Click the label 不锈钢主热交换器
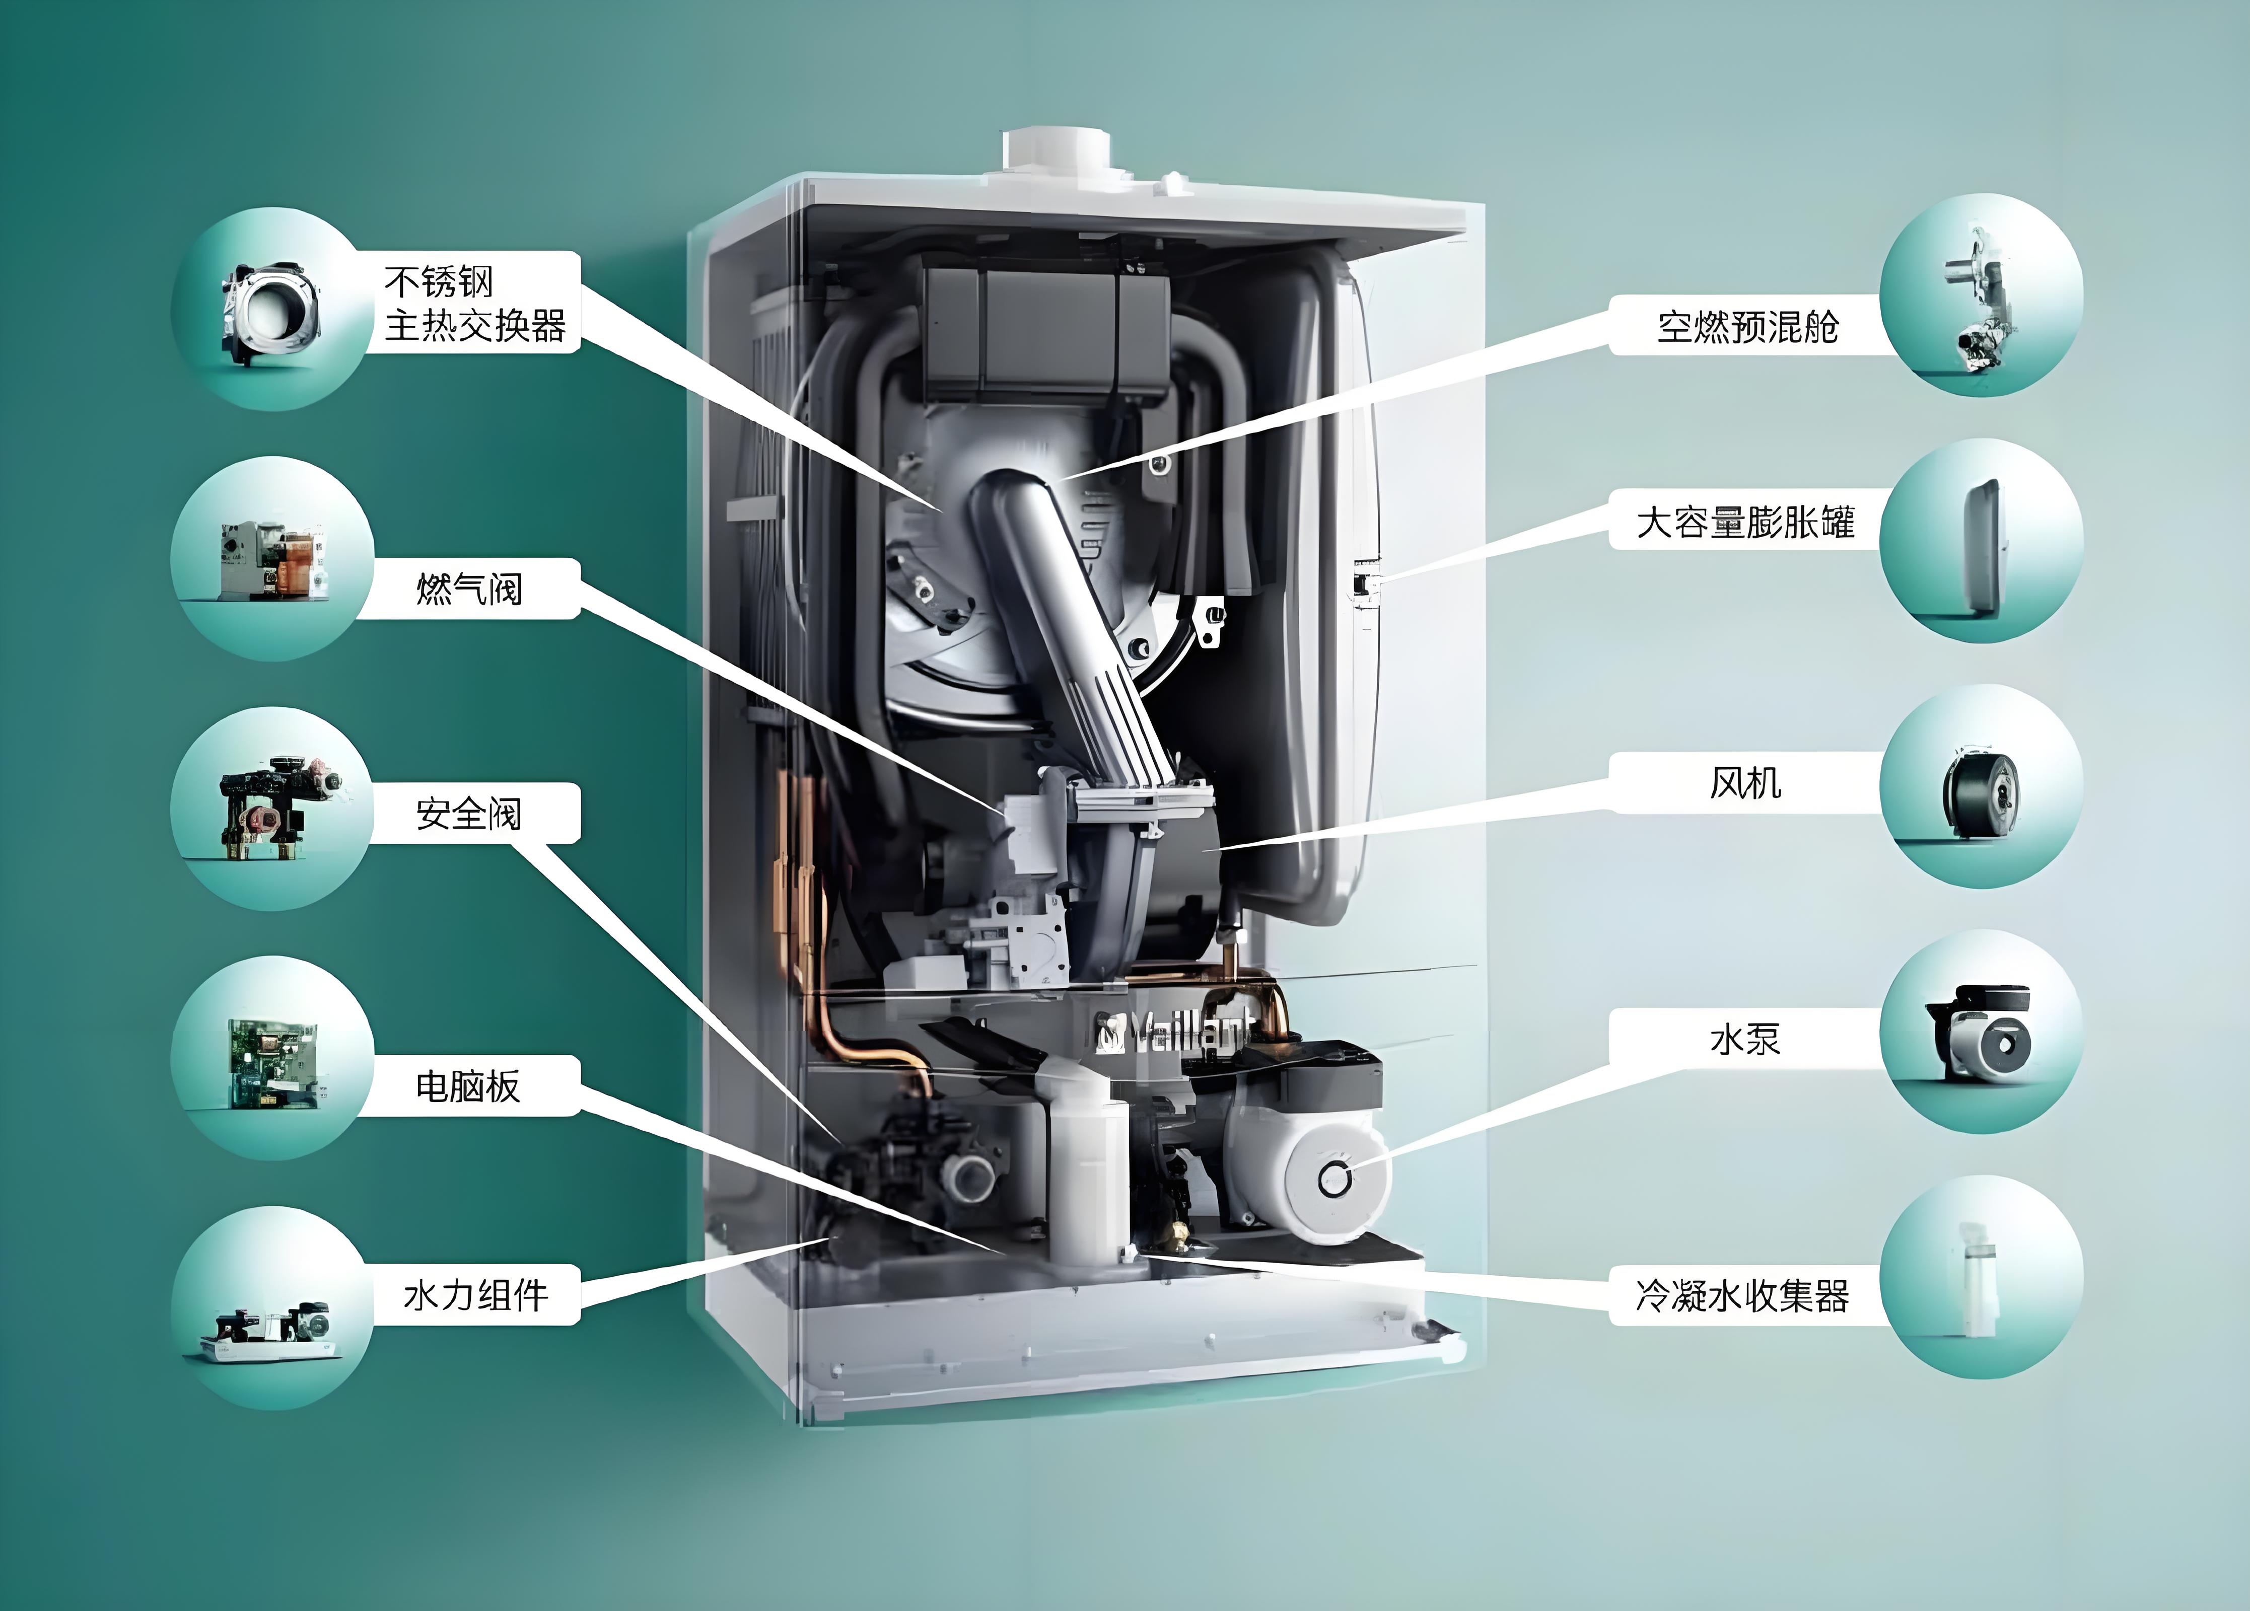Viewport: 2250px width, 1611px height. [474, 304]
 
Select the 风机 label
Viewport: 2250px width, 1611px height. [1745, 783]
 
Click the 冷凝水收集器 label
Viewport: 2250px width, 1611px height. [1743, 1295]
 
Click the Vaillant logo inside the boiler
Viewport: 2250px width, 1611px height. [1171, 1033]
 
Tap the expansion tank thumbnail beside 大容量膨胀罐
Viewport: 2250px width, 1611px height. [1981, 545]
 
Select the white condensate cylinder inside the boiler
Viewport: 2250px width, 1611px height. [1088, 1170]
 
